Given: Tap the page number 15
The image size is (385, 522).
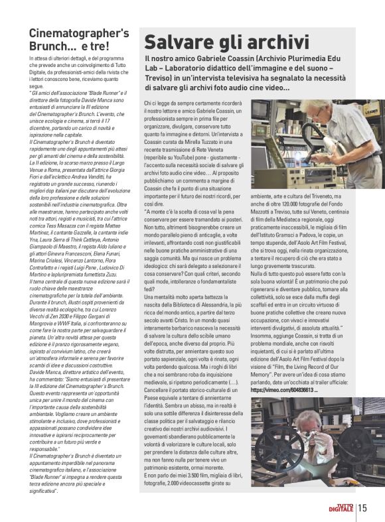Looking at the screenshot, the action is click(x=362, y=509).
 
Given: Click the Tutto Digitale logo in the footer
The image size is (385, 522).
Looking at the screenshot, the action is click(x=341, y=509).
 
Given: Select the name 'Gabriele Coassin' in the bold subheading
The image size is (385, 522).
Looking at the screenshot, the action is click(x=236, y=60).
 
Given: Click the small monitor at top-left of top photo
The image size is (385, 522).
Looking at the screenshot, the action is click(x=266, y=113).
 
